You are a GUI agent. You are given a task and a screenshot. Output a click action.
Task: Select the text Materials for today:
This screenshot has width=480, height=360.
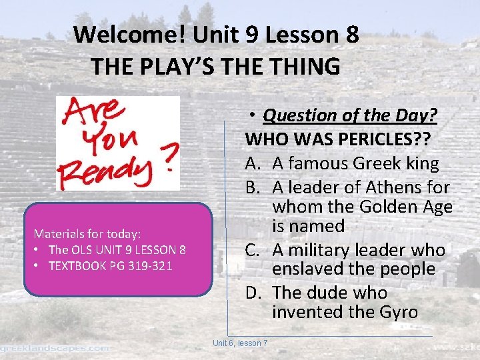click(87, 234)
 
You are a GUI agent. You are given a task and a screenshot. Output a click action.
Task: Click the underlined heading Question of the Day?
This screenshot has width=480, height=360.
click(350, 116)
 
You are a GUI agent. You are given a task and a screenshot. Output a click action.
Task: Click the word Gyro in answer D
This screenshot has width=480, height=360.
click(399, 311)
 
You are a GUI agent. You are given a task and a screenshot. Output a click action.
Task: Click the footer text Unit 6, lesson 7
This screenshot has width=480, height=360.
click(240, 343)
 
